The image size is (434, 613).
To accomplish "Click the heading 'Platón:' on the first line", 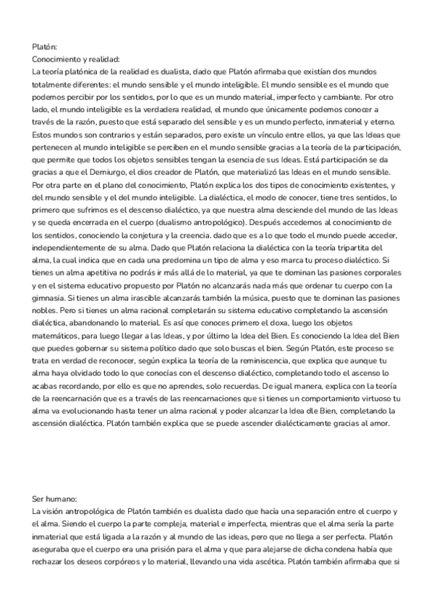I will tap(46, 46).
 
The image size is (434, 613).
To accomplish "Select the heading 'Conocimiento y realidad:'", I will tap(77, 59).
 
